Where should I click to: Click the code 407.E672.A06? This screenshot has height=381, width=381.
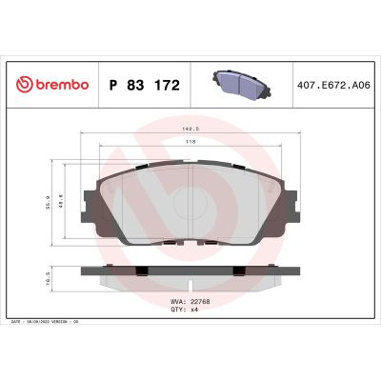coord(333,86)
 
